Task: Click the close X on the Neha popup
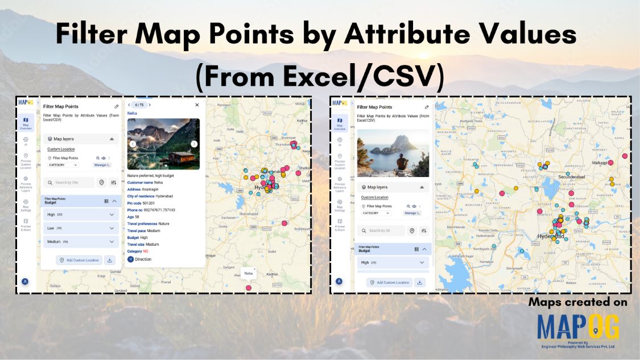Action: [197, 105]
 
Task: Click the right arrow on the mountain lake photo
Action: [194, 144]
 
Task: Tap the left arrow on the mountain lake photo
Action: [133, 144]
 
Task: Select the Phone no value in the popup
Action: [159, 210]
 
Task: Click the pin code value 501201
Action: [148, 203]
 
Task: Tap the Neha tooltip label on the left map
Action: [249, 274]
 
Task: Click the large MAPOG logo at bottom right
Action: [578, 327]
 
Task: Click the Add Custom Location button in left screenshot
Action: [79, 260]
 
